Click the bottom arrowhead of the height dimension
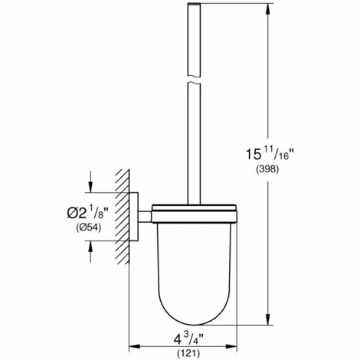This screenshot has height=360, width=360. pyautogui.click(x=267, y=322)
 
